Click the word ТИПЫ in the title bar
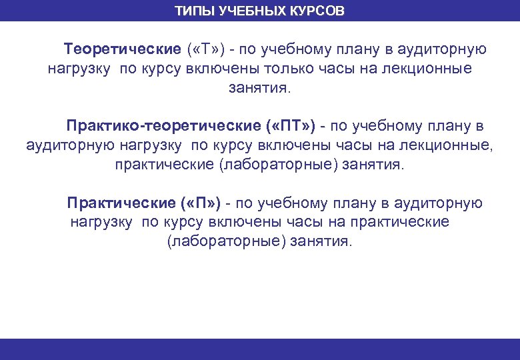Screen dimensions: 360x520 195,11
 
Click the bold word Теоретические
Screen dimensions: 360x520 122,49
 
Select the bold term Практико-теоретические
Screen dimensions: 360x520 163,126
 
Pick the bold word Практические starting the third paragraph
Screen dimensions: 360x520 121,203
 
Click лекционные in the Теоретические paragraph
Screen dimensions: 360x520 431,69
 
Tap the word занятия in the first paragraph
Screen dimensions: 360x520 260,88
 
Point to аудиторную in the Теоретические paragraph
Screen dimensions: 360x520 445,49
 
